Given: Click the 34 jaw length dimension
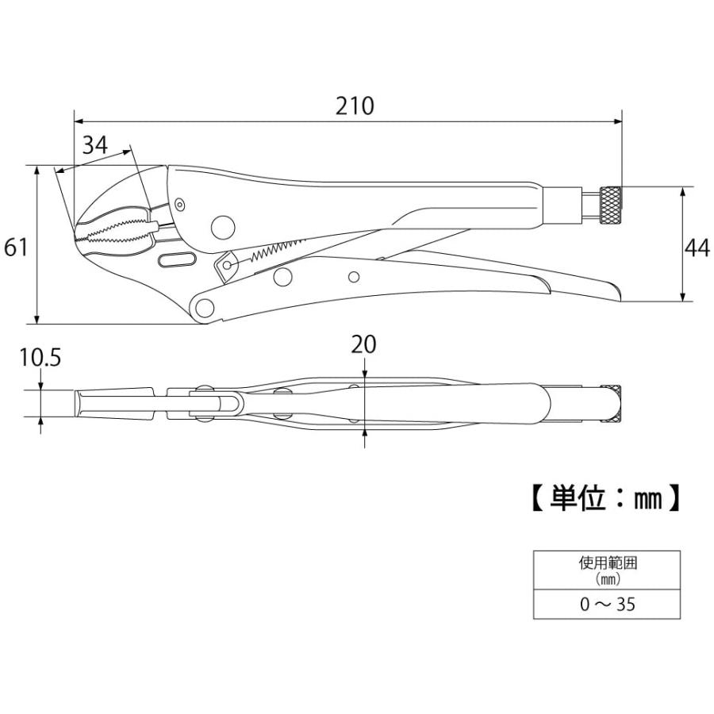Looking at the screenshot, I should [x=94, y=145].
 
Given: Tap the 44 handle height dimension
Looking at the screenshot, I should [x=697, y=248].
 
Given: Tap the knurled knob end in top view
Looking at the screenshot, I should [x=612, y=403].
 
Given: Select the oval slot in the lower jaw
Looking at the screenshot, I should [x=176, y=260].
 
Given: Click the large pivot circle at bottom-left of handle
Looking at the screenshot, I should [x=206, y=308].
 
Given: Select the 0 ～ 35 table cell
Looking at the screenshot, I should [x=607, y=605].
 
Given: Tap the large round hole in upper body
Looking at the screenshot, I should [x=224, y=227].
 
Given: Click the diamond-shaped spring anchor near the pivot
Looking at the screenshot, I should [x=226, y=263].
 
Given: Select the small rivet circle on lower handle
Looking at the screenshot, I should [x=354, y=276].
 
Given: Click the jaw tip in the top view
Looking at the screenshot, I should [x=79, y=404].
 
